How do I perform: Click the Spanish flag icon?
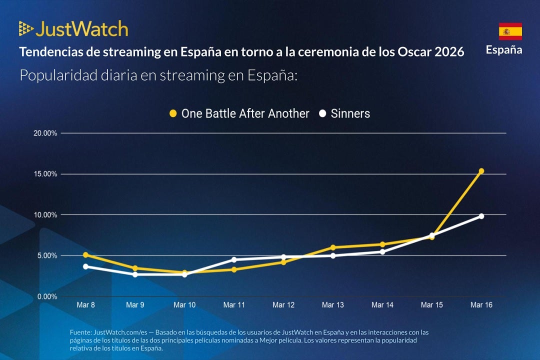(510, 31)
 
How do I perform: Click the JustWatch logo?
(73, 29)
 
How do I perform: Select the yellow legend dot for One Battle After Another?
(173, 113)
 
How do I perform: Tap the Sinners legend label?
(350, 113)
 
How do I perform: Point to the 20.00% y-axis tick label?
(45, 133)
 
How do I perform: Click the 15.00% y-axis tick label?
(45, 174)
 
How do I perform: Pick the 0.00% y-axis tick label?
(46, 296)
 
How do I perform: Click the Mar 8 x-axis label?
(85, 305)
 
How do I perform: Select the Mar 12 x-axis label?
(283, 305)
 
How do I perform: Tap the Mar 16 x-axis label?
(481, 305)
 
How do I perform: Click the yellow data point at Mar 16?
(481, 171)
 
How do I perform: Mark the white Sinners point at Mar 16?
(481, 216)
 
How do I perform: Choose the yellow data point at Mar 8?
(85, 255)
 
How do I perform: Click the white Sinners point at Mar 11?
(234, 260)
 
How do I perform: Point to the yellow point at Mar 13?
(333, 247)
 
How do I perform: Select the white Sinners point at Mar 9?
(135, 274)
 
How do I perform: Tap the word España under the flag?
(504, 50)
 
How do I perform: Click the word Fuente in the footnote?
(80, 332)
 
